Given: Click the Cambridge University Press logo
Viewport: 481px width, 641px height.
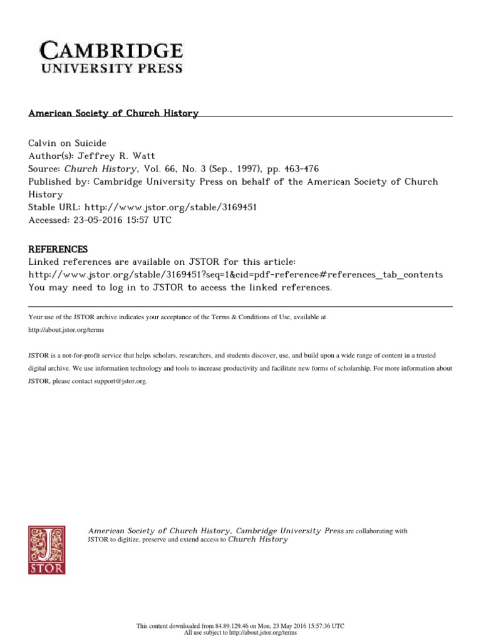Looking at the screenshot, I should (112, 58).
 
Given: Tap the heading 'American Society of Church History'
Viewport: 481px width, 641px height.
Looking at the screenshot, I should (113, 113).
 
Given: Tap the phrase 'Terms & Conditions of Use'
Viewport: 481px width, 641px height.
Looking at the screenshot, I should (254, 317).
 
